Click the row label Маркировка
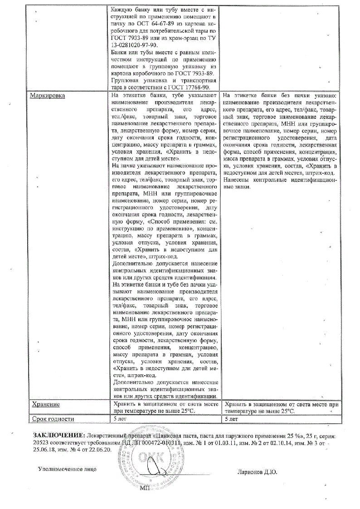click(47, 96)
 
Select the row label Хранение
click(45, 404)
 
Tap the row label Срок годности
click(51, 419)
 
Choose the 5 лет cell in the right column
click(231, 419)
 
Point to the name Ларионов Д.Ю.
click(257, 472)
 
